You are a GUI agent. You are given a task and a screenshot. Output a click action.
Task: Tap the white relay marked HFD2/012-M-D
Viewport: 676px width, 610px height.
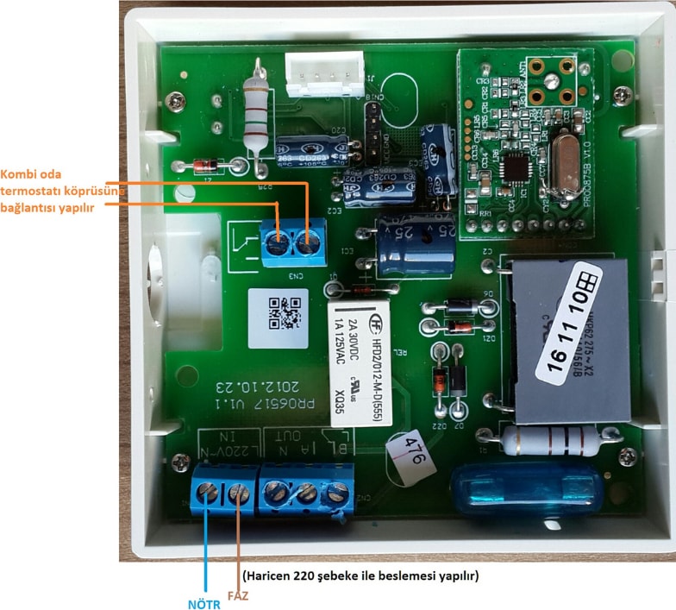tap(360, 363)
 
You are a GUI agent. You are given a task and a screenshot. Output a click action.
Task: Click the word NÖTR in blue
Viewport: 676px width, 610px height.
tap(204, 603)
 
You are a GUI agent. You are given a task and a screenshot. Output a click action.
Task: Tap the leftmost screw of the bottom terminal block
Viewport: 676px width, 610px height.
tap(208, 493)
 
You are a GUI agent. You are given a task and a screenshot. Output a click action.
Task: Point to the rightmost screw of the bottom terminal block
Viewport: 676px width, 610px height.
tap(338, 493)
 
